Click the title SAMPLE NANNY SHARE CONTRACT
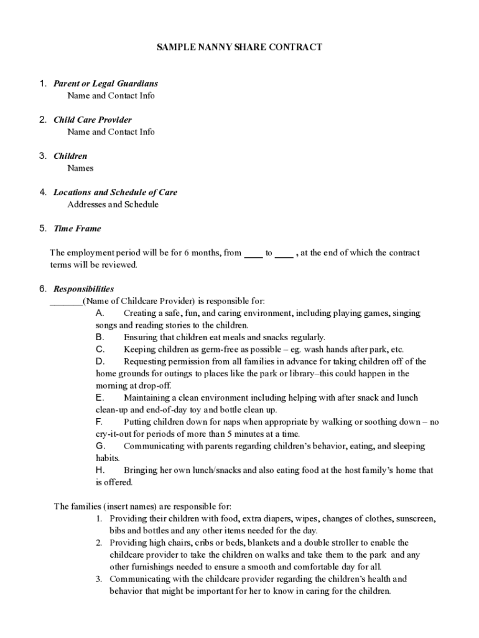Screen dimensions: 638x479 click(239, 47)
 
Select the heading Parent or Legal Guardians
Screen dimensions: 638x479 click(105, 83)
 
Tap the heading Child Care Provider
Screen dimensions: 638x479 click(92, 120)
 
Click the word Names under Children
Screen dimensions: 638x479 click(80, 168)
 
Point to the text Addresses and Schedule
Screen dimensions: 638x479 click(113, 204)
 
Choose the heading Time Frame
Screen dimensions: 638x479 click(77, 229)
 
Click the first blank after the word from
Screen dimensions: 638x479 click(253, 255)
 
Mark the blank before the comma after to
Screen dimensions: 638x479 click(284, 255)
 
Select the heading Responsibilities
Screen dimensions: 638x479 click(83, 289)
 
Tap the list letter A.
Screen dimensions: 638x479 click(100, 313)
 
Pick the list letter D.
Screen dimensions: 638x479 click(100, 361)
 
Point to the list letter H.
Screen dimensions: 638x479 click(100, 470)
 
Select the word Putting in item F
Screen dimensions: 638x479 click(138, 422)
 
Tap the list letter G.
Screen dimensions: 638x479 click(100, 446)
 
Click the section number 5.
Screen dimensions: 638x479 click(43, 229)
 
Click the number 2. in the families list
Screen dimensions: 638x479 click(99, 543)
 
